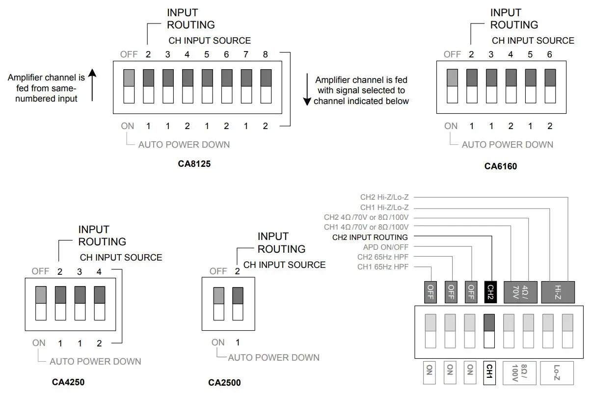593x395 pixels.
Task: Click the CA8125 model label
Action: [194, 164]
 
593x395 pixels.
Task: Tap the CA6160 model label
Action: [500, 166]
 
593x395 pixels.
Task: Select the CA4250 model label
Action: [72, 381]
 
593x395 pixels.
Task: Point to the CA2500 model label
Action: [224, 382]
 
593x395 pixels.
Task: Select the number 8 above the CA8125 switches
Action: [265, 54]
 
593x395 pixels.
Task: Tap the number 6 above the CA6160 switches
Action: [549, 54]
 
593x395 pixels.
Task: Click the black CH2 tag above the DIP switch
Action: [489, 292]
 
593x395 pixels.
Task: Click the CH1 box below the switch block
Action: [489, 373]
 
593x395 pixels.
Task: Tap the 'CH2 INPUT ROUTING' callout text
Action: [370, 237]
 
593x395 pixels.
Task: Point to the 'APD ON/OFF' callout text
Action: [385, 247]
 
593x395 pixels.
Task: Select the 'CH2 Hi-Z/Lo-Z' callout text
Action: [384, 198]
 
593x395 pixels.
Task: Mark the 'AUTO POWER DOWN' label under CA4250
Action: [95, 362]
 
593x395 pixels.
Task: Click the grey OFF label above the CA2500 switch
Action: [218, 271]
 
